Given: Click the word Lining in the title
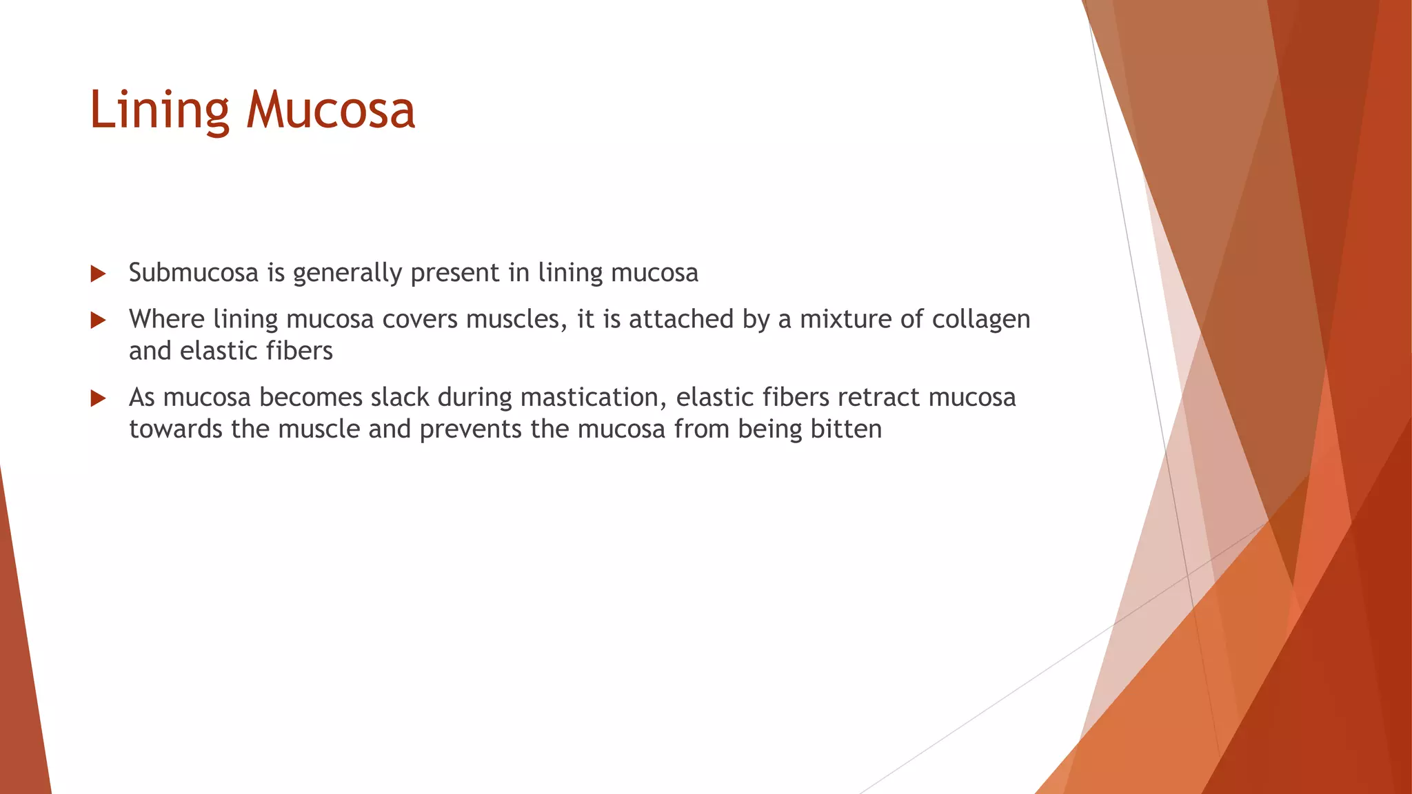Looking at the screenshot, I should (x=159, y=110).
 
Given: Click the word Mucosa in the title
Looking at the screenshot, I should (x=331, y=110).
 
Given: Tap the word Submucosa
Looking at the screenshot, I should (x=194, y=273).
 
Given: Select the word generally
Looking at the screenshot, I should (x=347, y=274).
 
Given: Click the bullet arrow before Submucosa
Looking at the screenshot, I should (x=98, y=274).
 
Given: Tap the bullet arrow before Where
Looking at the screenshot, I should (x=98, y=320).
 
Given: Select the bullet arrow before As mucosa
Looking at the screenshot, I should (x=98, y=398).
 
